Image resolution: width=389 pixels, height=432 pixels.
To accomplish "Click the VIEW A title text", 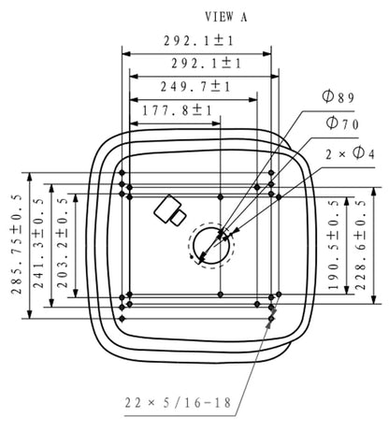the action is click(226, 17).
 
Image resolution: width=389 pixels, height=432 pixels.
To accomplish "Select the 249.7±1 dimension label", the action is click(195, 87).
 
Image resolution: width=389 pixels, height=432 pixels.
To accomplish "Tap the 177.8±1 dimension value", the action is click(178, 110).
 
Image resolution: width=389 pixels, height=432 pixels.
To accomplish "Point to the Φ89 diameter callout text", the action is click(339, 97).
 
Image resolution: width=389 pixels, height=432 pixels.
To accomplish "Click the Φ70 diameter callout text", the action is click(342, 123).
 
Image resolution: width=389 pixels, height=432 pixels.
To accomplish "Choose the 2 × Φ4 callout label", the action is click(350, 153).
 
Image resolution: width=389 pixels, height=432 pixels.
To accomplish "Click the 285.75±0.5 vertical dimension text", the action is click(17, 244).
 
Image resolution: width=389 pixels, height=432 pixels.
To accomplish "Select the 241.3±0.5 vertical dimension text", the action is click(38, 243).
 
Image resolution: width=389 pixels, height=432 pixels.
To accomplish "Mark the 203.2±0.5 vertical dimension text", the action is click(63, 242).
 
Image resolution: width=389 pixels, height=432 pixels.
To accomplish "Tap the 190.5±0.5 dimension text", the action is click(334, 245).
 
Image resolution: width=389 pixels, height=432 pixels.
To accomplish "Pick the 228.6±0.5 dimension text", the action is click(361, 245).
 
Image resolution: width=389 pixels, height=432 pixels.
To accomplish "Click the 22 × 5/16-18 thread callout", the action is click(178, 403).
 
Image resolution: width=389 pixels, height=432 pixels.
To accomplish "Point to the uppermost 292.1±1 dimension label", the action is click(199, 41).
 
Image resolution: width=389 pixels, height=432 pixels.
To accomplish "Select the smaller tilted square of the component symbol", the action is click(179, 218).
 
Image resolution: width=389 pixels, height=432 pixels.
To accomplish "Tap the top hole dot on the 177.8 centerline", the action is click(221, 196).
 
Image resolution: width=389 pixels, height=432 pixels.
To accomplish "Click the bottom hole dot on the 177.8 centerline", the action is click(221, 295).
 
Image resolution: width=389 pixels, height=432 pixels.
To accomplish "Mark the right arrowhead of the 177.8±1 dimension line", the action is click(216, 123).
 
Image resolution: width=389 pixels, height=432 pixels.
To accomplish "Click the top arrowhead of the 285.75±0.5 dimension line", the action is click(30, 177).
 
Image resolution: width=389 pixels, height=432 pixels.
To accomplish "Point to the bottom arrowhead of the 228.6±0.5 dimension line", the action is click(374, 299).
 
